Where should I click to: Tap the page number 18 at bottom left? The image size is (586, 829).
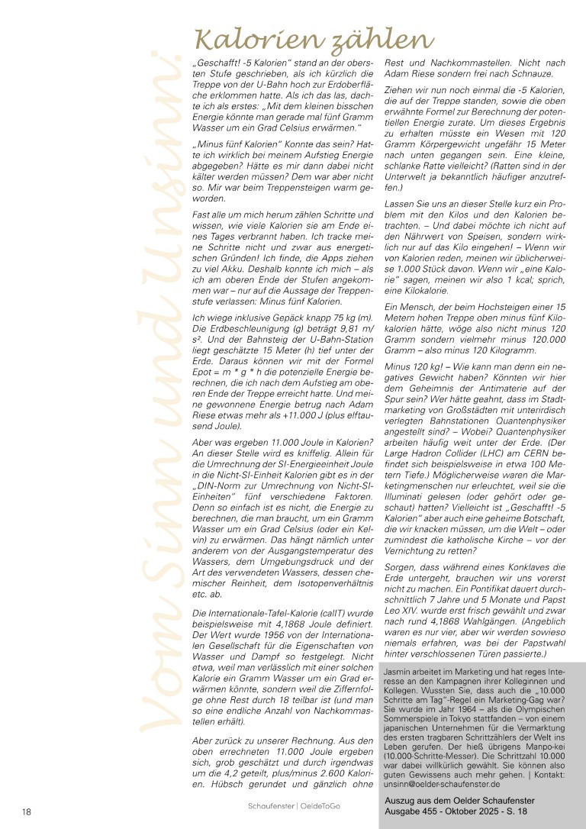point(25,810)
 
